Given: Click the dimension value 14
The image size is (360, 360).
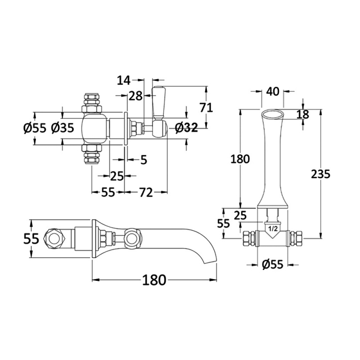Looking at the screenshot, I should pos(124,81).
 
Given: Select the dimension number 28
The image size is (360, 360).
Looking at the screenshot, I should pos(135,95).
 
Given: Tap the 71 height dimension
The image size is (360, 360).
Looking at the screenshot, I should pos(206,107).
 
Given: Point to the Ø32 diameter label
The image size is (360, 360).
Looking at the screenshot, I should pos(186,128).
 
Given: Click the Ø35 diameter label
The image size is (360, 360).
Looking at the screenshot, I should pos(63,128).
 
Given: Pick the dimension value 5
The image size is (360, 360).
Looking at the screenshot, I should pos(144,159).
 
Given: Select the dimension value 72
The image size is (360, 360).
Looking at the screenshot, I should pos(145,193).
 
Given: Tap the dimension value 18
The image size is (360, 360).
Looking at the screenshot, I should pos(303,114).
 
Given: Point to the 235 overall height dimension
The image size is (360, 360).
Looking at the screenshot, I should pos(320,174).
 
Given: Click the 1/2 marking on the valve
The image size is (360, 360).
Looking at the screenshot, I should pos(273,229).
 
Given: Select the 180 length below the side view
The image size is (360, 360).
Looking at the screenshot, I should pos(154,280).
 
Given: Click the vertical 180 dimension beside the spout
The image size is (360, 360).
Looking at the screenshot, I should pos(240,159).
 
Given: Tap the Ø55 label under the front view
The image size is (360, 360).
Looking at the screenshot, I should pos(273,265).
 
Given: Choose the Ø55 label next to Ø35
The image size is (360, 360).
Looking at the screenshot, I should pos(35,128).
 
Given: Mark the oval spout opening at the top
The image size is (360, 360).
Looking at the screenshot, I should pos(273,114).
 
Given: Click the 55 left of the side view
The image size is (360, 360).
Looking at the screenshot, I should pos(31,239).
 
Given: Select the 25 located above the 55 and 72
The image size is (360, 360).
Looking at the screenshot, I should pos(117,175).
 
